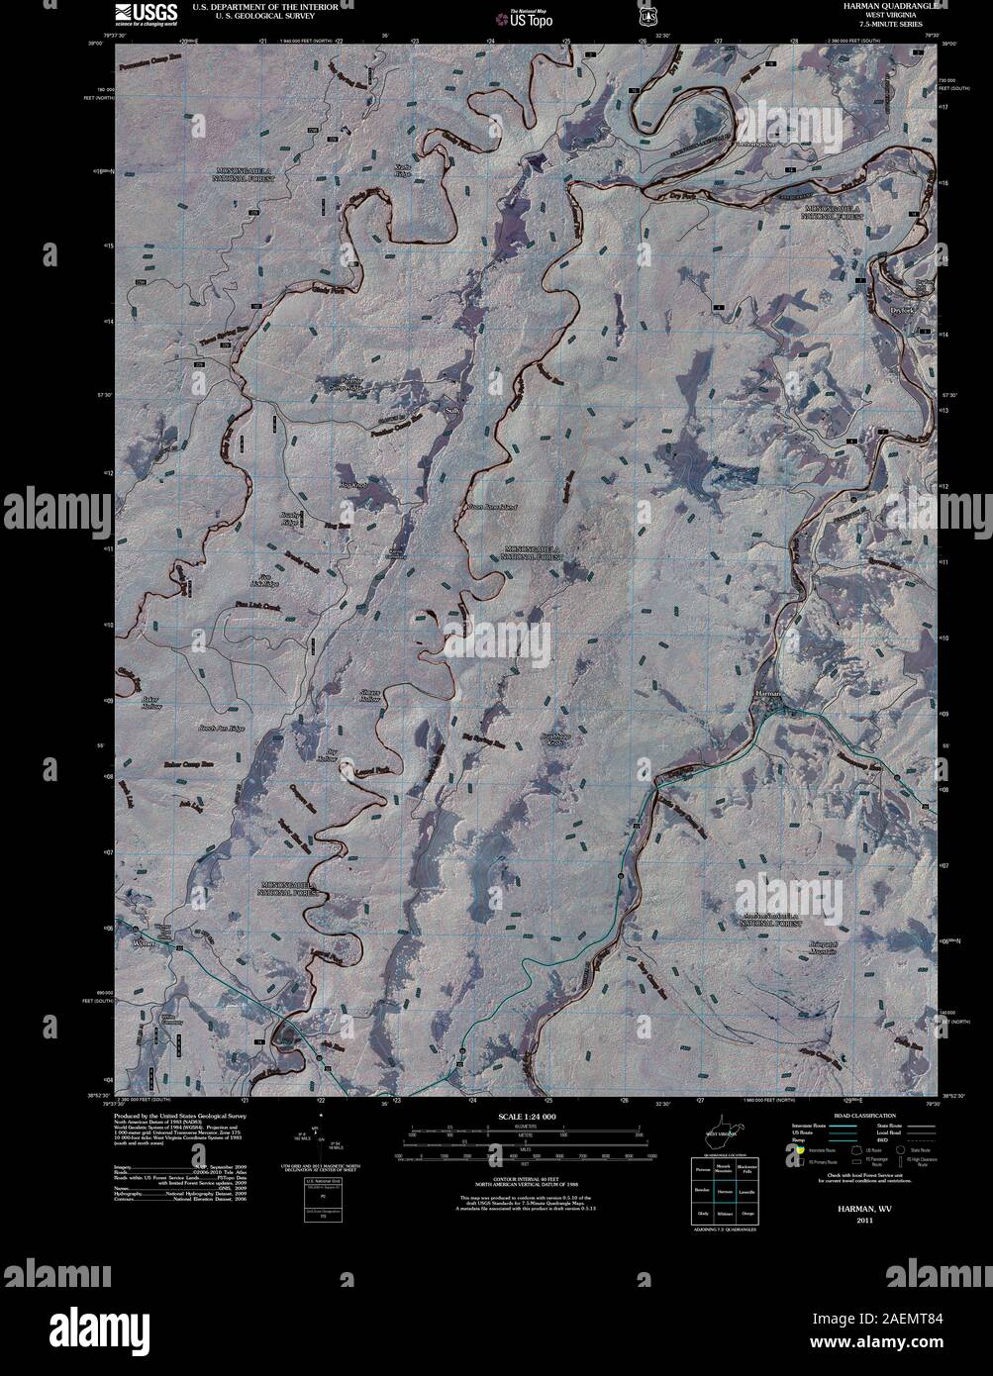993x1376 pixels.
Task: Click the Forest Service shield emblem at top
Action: click(648, 17)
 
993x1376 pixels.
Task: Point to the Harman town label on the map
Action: click(770, 693)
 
